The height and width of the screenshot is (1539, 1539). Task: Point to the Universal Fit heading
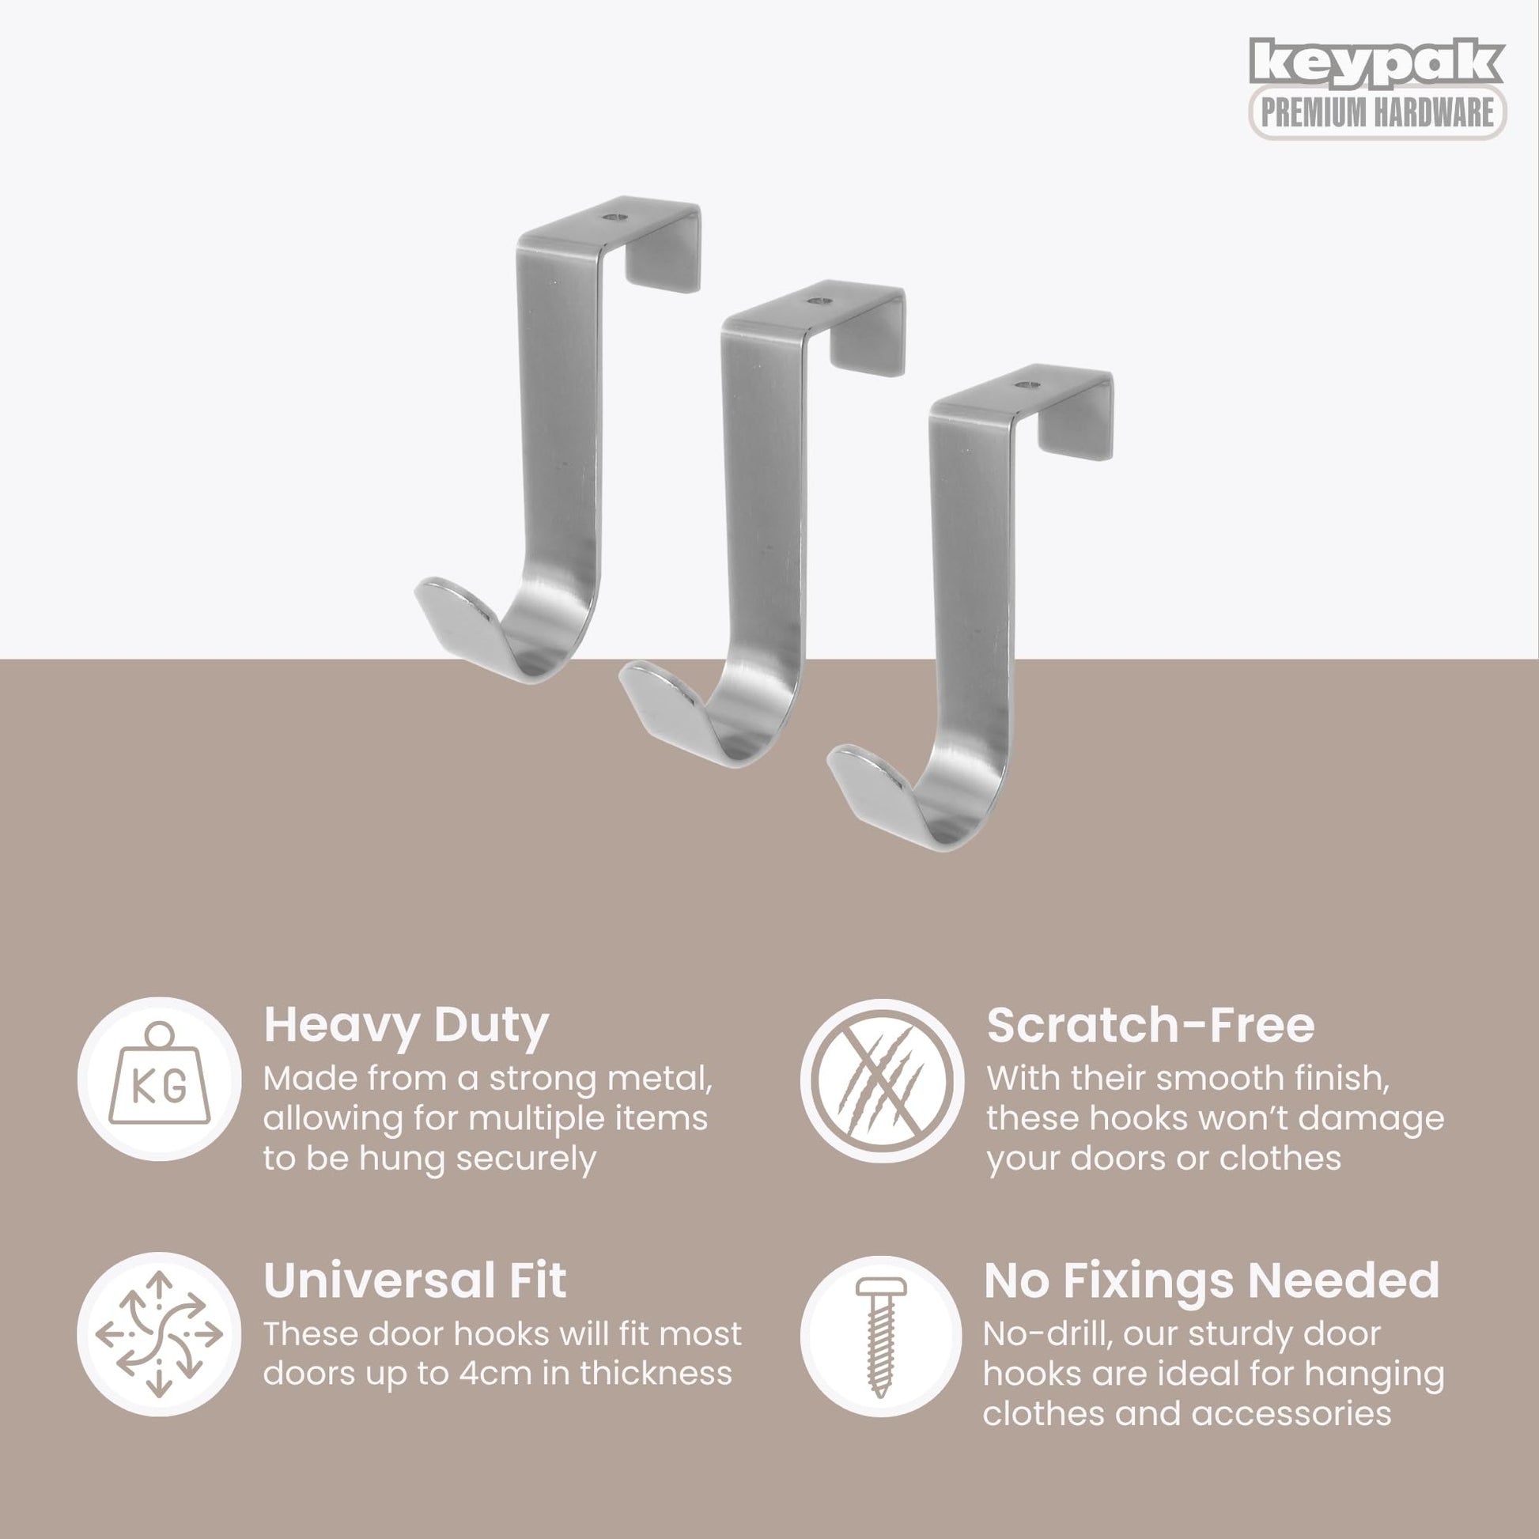coord(415,1280)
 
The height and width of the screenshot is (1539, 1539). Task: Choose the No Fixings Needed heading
coord(1212,1280)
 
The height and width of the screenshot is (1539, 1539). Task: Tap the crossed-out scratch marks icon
coord(882,1080)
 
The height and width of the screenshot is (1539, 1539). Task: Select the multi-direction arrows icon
coord(159,1335)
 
